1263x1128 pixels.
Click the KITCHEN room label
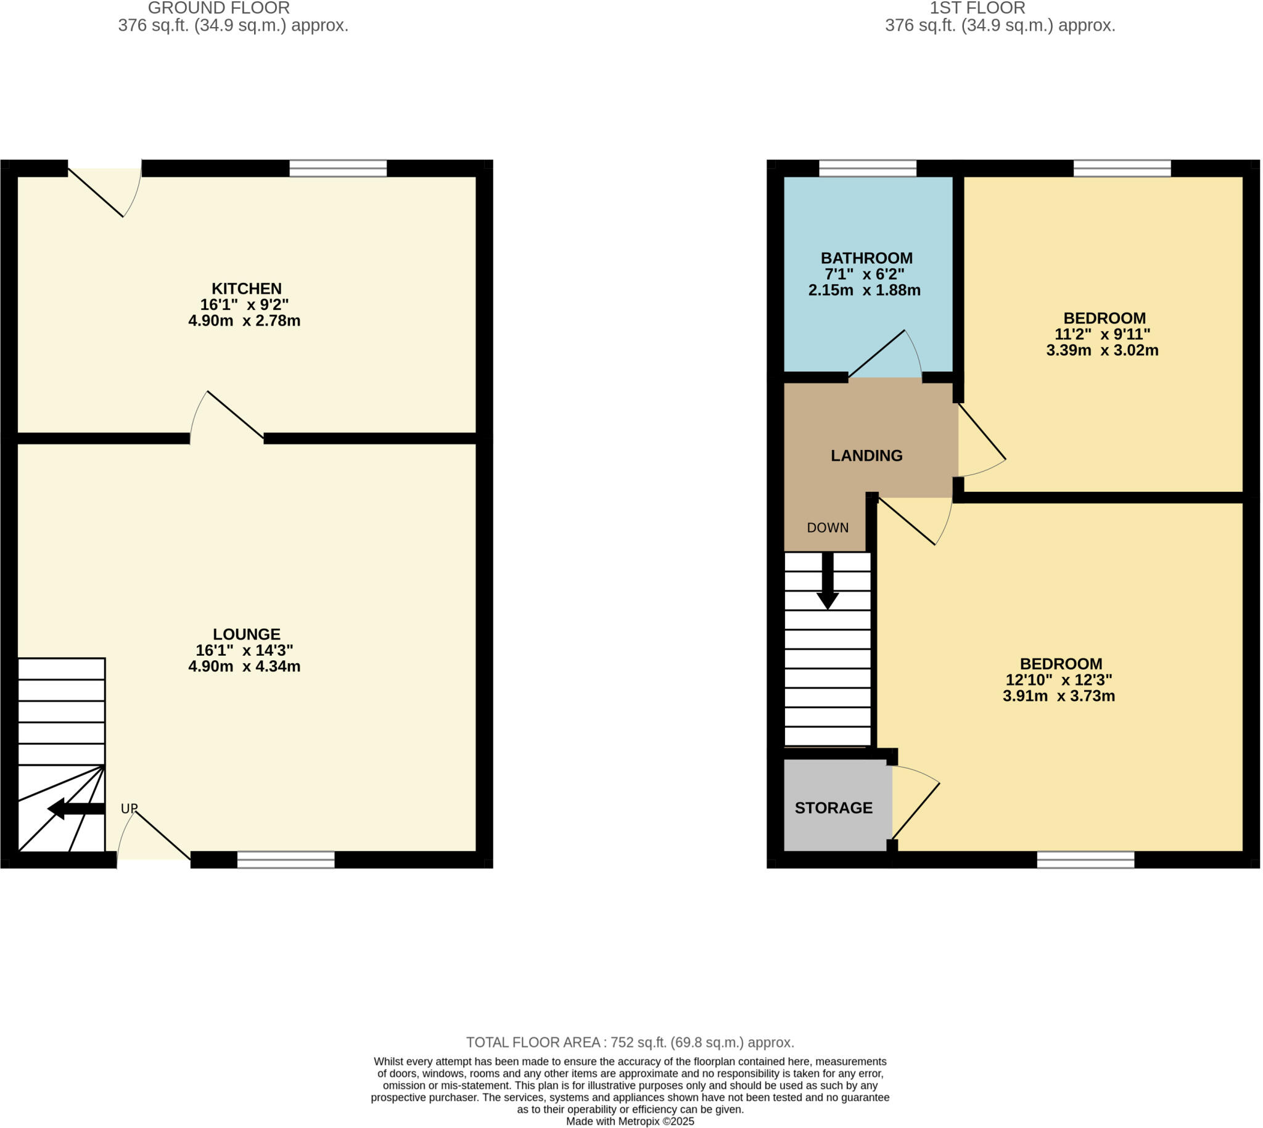[246, 289]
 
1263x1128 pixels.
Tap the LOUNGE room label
[246, 634]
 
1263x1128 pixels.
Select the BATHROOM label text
[866, 258]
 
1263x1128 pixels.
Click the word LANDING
[866, 456]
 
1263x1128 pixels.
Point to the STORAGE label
[833, 807]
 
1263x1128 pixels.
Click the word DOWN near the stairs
[827, 528]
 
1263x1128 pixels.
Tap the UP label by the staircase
[129, 809]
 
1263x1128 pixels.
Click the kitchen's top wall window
[338, 168]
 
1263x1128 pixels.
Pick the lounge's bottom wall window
[286, 860]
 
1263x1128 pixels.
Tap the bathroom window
[867, 168]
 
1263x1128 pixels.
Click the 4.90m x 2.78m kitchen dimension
[244, 321]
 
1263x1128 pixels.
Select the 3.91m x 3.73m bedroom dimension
[1058, 696]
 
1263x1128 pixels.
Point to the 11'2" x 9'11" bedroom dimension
[1102, 334]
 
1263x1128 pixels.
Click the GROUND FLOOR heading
[218, 9]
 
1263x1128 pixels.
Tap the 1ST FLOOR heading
[977, 9]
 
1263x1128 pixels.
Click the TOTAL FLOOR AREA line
[630, 1042]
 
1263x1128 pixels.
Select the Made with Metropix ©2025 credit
[630, 1121]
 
